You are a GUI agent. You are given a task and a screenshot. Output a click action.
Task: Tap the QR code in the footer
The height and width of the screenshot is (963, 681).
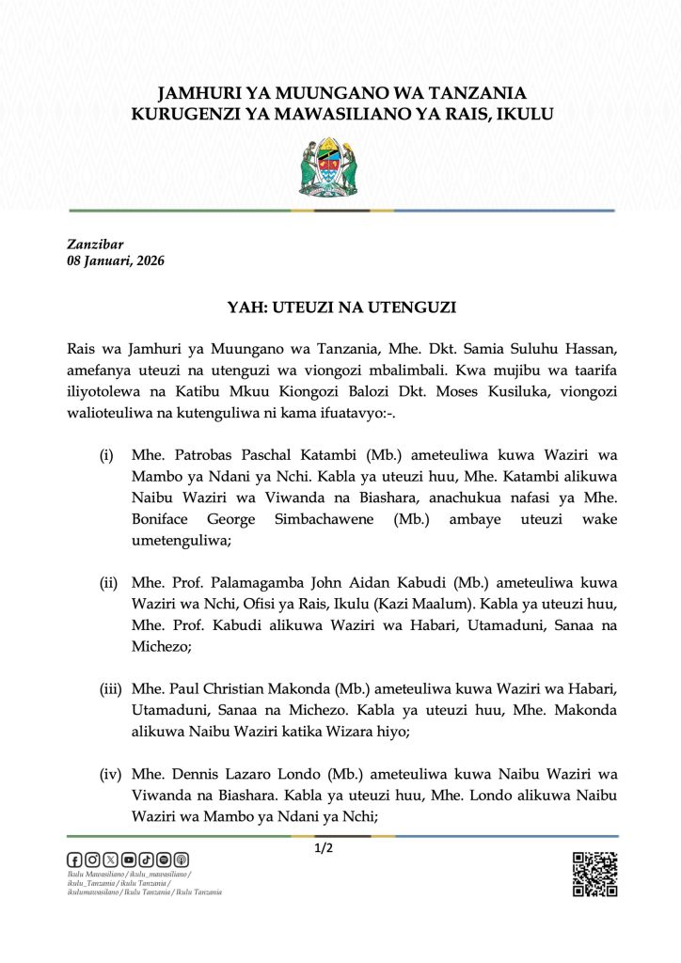coord(594,874)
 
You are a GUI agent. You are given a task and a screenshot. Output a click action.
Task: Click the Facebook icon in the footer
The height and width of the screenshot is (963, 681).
coord(74,860)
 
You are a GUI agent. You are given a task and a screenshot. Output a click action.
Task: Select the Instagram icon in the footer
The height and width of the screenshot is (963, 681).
coord(92,860)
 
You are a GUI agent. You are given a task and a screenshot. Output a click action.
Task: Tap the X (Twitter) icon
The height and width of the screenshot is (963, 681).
coord(110,860)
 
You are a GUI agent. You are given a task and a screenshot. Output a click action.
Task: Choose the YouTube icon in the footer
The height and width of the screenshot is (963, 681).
coord(129,860)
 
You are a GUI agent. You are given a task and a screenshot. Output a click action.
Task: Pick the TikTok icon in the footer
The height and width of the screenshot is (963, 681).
coord(146,860)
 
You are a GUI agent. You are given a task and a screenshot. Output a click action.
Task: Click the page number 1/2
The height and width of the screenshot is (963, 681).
coord(325,848)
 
